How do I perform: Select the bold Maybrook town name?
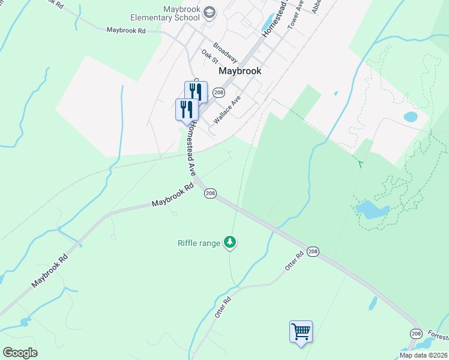[x=240, y=70]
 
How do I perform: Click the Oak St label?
[x=209, y=57]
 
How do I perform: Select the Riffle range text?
[x=199, y=243]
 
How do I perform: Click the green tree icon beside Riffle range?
[x=230, y=242]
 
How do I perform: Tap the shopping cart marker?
[x=301, y=331]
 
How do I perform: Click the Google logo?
[x=20, y=353]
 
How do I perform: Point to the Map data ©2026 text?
[x=423, y=355]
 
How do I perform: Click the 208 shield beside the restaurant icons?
[x=218, y=92]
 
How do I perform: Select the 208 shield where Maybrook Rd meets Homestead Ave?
[x=210, y=193]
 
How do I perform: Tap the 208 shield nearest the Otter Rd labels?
[x=313, y=251]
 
